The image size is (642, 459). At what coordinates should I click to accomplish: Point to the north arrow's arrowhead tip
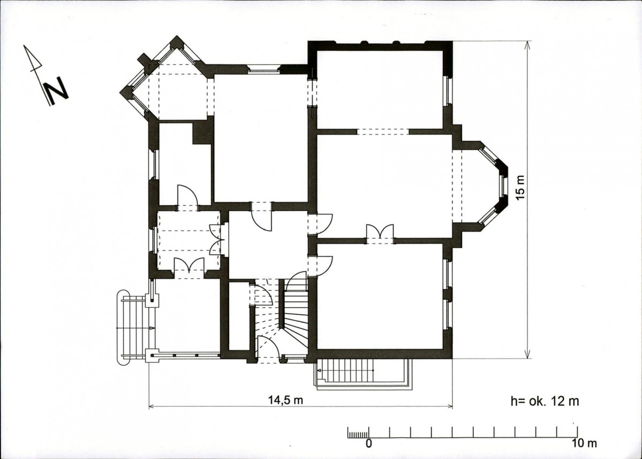(24, 45)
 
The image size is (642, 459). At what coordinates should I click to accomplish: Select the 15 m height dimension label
(520, 188)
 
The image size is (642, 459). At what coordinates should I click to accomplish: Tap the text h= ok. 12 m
(545, 401)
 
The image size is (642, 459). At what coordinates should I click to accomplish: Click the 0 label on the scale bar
(368, 443)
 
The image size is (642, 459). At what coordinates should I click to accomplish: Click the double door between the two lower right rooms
(380, 234)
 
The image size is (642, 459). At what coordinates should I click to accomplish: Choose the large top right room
(380, 89)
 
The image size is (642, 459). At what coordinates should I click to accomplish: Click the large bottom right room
(380, 296)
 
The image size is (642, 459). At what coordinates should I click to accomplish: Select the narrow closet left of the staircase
(239, 315)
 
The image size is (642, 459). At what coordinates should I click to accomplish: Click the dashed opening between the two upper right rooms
(383, 131)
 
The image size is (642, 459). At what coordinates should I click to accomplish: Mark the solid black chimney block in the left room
(202, 131)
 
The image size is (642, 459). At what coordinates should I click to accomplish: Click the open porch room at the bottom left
(187, 316)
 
